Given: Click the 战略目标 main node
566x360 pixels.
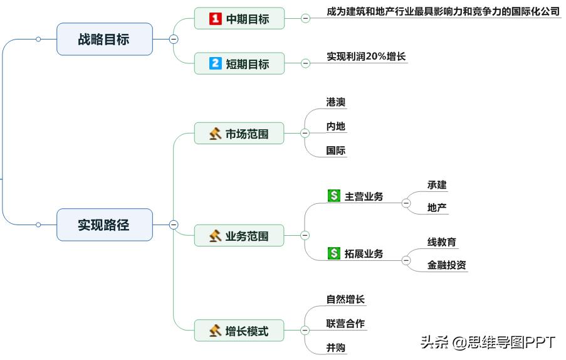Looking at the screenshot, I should click(x=105, y=39).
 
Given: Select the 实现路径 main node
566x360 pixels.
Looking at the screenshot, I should click(x=105, y=225).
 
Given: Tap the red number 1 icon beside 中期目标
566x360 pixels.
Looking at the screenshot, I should click(x=215, y=19).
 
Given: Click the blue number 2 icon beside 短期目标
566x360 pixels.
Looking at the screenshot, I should click(x=215, y=63).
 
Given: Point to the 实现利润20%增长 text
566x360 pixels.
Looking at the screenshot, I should click(x=366, y=56).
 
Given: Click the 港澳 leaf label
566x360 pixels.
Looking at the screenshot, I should click(x=336, y=102).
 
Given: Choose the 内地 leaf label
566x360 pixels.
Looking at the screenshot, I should click(x=336, y=127).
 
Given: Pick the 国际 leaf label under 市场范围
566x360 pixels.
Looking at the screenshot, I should click(x=336, y=151).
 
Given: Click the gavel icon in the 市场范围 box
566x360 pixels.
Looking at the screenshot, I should click(x=215, y=134).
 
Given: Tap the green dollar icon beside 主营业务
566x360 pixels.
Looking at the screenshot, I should click(x=334, y=196).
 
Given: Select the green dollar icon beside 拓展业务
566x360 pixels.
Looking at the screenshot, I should click(x=334, y=253).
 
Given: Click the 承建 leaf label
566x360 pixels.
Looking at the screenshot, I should click(x=437, y=185).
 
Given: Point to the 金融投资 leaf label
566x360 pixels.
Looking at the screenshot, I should click(x=447, y=265).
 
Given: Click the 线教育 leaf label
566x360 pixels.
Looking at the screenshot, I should click(x=442, y=242).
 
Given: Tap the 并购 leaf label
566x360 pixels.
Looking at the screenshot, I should click(x=336, y=347).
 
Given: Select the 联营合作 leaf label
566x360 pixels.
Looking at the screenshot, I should click(x=345, y=324).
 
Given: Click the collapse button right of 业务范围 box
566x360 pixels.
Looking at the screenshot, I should click(x=305, y=236).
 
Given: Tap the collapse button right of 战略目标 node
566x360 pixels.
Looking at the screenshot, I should click(x=174, y=39).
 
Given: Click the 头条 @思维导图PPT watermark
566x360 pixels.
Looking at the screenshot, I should click(x=488, y=342).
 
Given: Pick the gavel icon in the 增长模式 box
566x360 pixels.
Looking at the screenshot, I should click(x=215, y=331).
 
